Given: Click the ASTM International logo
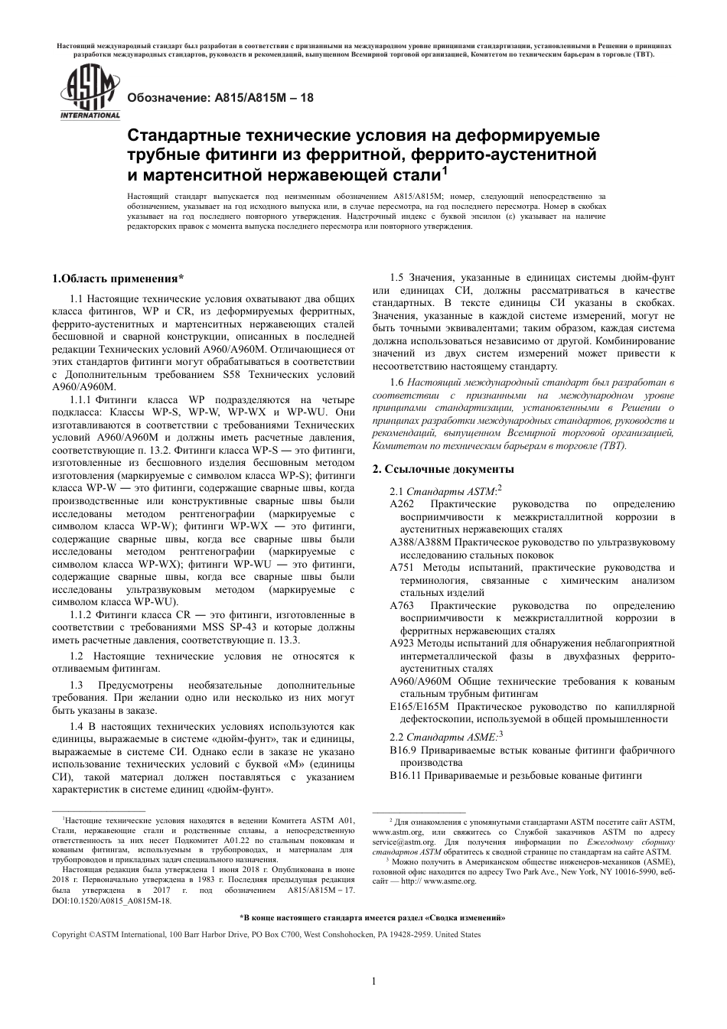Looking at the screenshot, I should click(90, 93).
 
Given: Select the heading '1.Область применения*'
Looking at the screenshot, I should click(117, 278).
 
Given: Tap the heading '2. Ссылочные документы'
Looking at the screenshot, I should click(443, 468).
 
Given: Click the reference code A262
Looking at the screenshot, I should click(402, 504).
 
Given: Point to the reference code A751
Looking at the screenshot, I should click(402, 568).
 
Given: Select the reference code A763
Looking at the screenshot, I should click(402, 605).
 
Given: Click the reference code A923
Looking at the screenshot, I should click(402, 643).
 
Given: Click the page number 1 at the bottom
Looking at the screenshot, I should click(373, 982).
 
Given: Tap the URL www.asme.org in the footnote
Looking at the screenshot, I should click(449, 881).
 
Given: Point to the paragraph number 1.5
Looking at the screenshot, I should click(396, 278).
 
